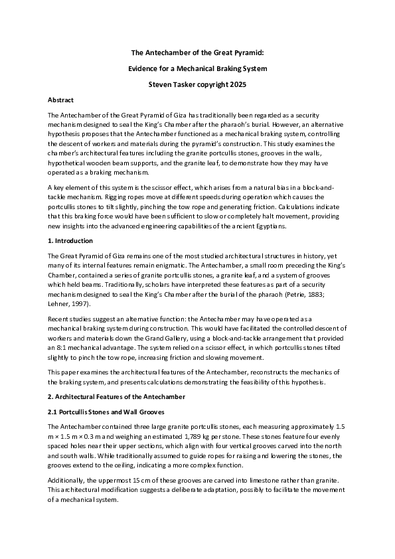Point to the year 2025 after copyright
coord(236,84)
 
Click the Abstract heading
coord(60,100)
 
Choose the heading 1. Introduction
coord(71,240)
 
